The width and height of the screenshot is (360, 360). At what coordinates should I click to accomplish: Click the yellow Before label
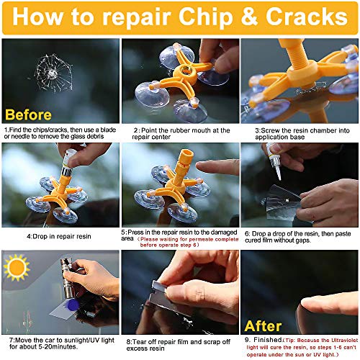pos(29,114)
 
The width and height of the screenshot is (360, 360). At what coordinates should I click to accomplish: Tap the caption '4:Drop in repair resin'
pos(59,235)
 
